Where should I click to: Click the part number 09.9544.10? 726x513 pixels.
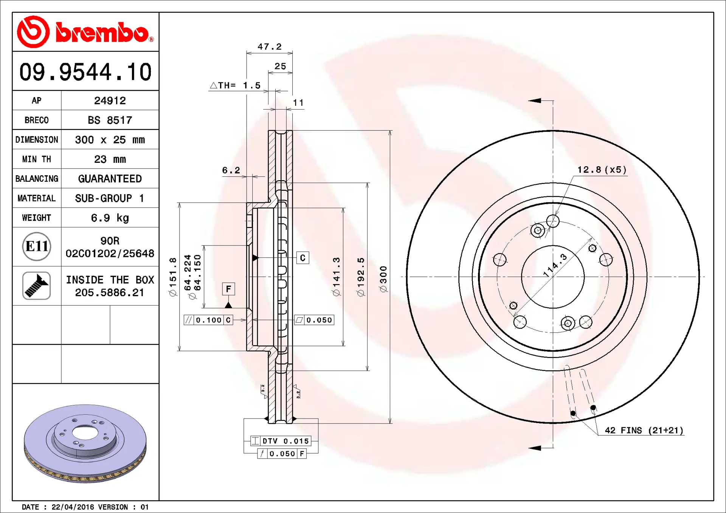[x=85, y=72]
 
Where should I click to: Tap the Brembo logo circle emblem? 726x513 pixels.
[x=33, y=32]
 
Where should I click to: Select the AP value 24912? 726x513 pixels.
[x=110, y=100]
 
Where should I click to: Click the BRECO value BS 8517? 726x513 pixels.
[x=110, y=120]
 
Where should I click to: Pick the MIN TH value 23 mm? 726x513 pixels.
[x=110, y=159]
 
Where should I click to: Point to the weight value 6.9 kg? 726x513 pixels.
[x=110, y=218]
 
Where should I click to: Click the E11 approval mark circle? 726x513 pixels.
[x=37, y=247]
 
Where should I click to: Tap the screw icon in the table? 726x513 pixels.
[x=37, y=286]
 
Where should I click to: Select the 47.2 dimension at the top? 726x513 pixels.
[x=270, y=46]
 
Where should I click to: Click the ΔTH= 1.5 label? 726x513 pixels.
[x=235, y=85]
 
